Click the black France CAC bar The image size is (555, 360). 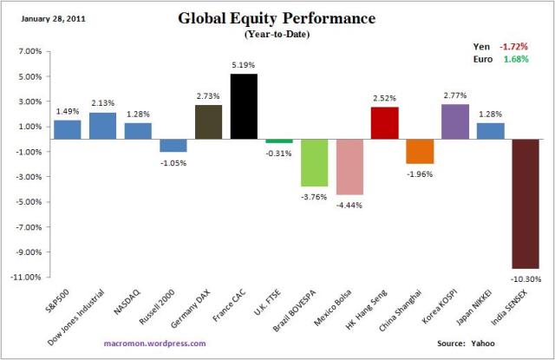point(244,106)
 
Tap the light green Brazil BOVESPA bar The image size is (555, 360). point(315,162)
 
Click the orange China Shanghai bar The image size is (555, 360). point(420,151)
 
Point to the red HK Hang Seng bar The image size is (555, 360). point(385,122)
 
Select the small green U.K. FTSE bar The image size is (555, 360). point(279,141)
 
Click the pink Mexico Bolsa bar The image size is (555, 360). point(349,167)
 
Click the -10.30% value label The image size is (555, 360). point(526,278)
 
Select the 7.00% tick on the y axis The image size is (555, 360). point(29,52)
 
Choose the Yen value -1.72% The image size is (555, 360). point(523,46)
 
